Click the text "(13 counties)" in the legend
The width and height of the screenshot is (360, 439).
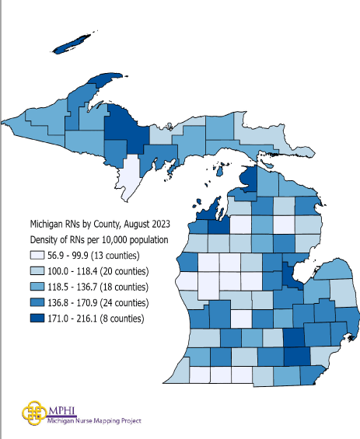(x=130, y=256)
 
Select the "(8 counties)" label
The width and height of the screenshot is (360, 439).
(x=135, y=318)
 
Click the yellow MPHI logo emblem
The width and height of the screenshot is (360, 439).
(x=33, y=411)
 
